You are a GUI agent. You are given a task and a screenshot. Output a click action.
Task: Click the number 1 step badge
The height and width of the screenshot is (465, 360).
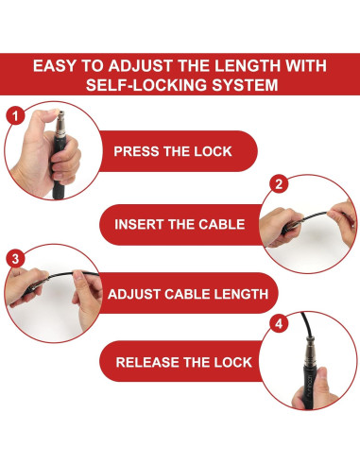tap(15, 116)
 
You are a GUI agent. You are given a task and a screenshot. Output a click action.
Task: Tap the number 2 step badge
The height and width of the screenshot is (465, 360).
tap(279, 184)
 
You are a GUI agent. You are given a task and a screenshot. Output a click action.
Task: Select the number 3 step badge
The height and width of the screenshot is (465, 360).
tap(15, 259)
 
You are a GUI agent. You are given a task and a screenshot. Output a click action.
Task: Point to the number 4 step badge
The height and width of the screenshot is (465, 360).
tap(279, 323)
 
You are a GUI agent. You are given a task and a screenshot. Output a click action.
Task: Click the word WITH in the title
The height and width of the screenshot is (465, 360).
tap(306, 66)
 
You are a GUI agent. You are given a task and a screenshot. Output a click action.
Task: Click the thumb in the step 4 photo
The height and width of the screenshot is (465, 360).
tap(320, 382)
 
